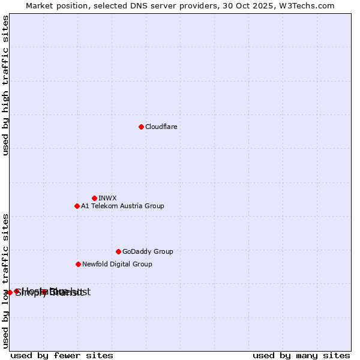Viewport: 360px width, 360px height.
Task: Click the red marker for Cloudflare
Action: click(141, 127)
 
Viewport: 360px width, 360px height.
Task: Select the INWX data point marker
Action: click(94, 198)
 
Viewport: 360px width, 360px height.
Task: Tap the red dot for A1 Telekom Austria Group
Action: click(77, 206)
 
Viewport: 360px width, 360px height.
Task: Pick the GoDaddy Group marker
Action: click(118, 251)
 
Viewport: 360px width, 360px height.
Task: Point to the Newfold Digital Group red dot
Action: click(78, 264)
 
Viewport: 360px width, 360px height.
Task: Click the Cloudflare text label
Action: click(161, 127)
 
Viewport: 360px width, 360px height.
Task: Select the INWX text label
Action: click(107, 198)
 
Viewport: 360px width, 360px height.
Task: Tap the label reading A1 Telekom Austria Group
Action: click(122, 206)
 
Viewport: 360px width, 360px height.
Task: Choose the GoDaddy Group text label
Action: click(148, 251)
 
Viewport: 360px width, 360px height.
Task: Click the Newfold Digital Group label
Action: click(117, 264)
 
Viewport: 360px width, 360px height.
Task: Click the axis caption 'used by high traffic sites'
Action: click(6, 86)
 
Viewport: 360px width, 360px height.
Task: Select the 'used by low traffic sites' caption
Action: click(6, 280)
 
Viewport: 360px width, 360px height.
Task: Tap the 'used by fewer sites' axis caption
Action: click(62, 355)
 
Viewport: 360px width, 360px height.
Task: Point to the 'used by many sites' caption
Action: click(301, 355)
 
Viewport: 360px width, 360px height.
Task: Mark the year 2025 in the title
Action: click(265, 5)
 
